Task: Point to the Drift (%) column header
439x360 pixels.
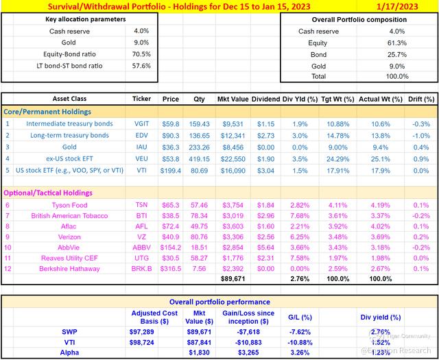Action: coord(420,99)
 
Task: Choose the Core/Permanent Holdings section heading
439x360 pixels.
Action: coord(47,111)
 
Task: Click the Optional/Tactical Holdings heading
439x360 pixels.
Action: coord(49,173)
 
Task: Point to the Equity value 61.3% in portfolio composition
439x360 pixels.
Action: coord(396,43)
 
